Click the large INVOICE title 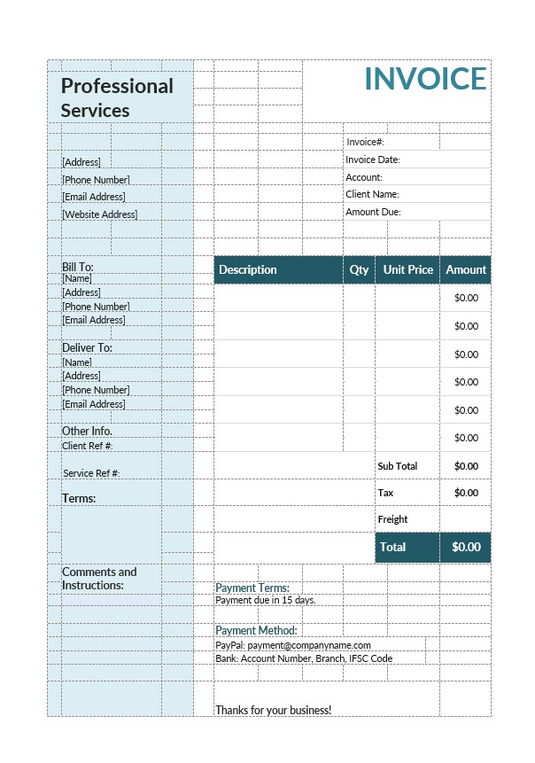(425, 79)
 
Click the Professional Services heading (117, 98)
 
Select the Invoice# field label (365, 142)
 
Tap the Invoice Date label (373, 160)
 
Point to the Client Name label (372, 194)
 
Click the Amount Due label (373, 212)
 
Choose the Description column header (248, 269)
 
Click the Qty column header (359, 269)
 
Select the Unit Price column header (407, 269)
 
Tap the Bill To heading (77, 267)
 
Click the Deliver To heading (87, 347)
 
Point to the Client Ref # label (87, 446)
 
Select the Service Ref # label (91, 473)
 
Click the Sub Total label (397, 466)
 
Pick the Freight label (392, 519)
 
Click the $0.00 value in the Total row (466, 547)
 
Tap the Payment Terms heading (252, 588)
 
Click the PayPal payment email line (293, 645)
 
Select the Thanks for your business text (273, 710)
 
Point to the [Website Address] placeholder (99, 214)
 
